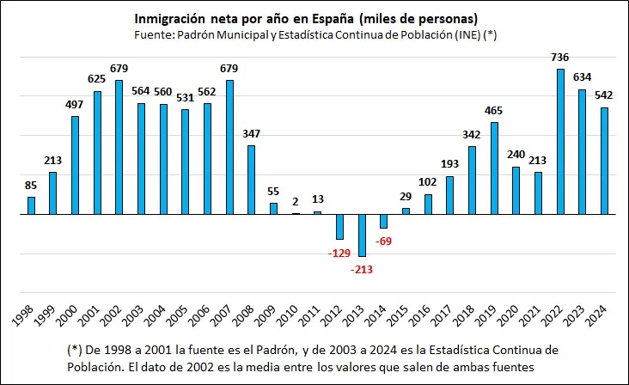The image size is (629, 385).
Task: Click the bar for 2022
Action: pyautogui.click(x=560, y=142)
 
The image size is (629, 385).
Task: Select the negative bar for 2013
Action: pyautogui.click(x=363, y=235)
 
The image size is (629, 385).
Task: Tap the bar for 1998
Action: pyautogui.click(x=31, y=205)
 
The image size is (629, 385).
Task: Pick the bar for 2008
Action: pyautogui.click(x=251, y=180)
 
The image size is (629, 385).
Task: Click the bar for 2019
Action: pyautogui.click(x=494, y=168)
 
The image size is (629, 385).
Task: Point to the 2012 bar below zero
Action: pyautogui.click(x=340, y=227)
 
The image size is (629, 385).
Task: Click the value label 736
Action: pyautogui.click(x=560, y=58)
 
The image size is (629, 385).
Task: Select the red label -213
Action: pyautogui.click(x=362, y=270)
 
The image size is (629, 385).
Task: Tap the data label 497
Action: pyautogui.click(x=74, y=105)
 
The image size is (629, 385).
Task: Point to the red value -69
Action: pyautogui.click(x=383, y=241)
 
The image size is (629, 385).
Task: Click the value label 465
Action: pyautogui.click(x=493, y=111)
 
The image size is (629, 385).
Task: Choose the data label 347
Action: pyautogui.click(x=251, y=133)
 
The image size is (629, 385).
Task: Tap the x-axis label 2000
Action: pyautogui.click(x=68, y=315)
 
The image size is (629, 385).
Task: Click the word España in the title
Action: pyautogui.click(x=333, y=19)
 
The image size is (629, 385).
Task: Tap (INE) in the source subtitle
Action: pyautogui.click(x=467, y=35)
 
